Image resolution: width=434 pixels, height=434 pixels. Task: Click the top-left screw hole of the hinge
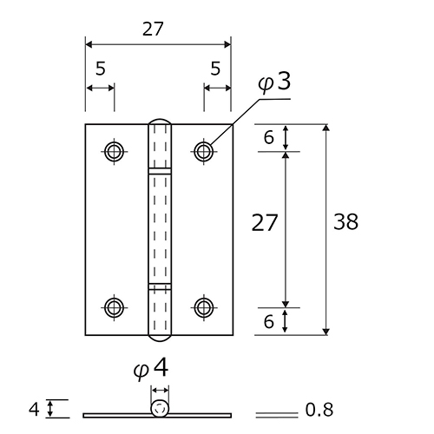point(114,151)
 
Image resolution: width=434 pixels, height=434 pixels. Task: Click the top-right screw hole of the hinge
point(204,151)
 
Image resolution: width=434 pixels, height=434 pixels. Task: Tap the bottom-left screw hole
point(114,307)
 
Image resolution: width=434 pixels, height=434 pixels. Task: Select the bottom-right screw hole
point(204,307)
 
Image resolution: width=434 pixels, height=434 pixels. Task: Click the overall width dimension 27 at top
point(153,29)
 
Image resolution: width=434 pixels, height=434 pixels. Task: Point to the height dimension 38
point(345,222)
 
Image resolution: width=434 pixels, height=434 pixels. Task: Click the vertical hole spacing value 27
point(265,222)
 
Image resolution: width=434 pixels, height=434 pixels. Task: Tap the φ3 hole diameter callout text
point(274,82)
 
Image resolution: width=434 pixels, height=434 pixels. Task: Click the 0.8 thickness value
point(319,410)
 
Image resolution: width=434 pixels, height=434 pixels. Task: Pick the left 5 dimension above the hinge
point(101,69)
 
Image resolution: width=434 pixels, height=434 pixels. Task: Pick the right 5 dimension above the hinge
point(215,69)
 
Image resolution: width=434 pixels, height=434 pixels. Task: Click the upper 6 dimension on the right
point(268,138)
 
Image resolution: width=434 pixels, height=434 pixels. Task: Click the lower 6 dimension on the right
point(268,321)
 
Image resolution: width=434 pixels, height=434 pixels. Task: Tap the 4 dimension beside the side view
point(34,410)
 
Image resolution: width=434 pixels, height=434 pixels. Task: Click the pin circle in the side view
point(160,409)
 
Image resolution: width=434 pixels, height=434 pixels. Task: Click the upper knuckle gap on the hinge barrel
point(160,171)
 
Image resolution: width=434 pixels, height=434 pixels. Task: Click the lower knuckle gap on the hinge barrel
point(160,286)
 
